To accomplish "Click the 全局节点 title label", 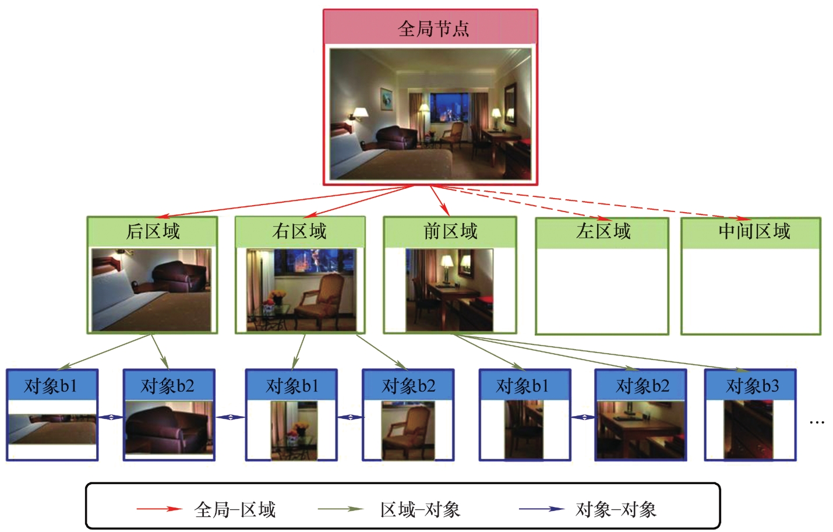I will [x=433, y=29].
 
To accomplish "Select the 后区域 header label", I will [x=153, y=231].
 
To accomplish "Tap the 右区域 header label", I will [x=299, y=231].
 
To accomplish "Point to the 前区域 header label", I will [x=450, y=231].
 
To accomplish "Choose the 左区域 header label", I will [x=603, y=231].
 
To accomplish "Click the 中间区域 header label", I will [x=754, y=231].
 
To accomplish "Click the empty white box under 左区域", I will [x=602, y=291].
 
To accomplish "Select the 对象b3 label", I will [x=751, y=386].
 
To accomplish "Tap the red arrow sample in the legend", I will [x=159, y=509].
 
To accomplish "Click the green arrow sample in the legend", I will [x=340, y=509].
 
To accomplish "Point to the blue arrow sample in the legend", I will [x=542, y=509].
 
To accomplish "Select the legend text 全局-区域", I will [x=235, y=510].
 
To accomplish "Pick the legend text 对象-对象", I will [x=616, y=510].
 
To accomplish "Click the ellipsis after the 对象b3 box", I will [x=817, y=422].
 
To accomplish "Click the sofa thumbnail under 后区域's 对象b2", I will [x=169, y=430].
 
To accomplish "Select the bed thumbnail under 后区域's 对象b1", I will [x=52, y=429].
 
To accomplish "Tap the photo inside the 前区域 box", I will [x=449, y=290].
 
